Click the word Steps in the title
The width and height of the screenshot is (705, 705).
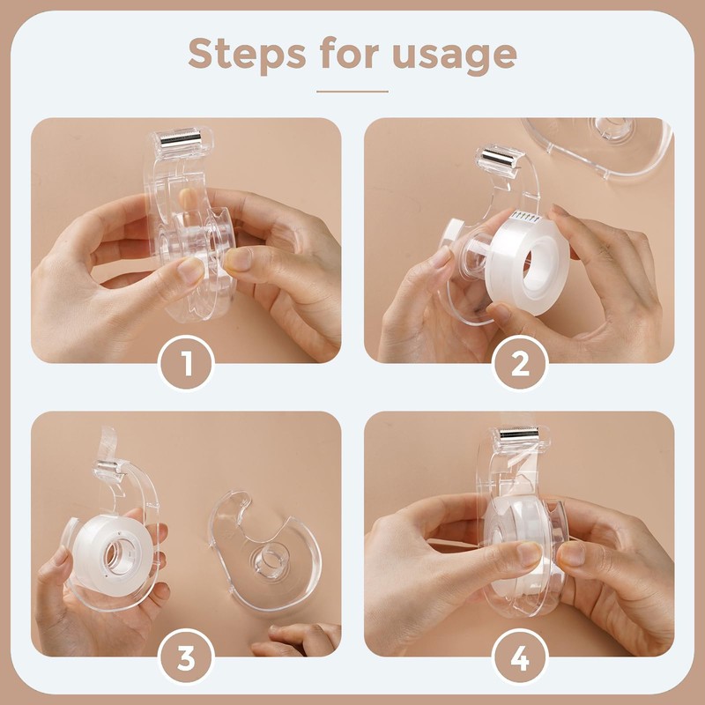point(247,53)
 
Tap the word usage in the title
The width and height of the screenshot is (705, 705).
point(455,56)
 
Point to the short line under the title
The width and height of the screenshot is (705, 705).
point(352,92)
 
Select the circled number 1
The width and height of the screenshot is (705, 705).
point(186,362)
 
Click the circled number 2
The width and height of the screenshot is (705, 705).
point(520,363)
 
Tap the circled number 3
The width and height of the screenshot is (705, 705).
point(186,657)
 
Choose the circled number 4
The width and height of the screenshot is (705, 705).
point(520,657)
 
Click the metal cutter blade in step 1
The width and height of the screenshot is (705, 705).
point(182,137)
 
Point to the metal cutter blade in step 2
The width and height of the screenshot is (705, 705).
point(498,158)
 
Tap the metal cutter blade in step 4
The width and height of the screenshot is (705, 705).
point(519,434)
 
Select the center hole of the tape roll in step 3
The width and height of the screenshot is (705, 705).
point(118,557)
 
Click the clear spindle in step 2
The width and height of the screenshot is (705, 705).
point(478,250)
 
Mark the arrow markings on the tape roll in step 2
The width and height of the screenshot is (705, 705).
point(527,218)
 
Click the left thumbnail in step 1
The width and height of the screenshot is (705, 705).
point(190,271)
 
